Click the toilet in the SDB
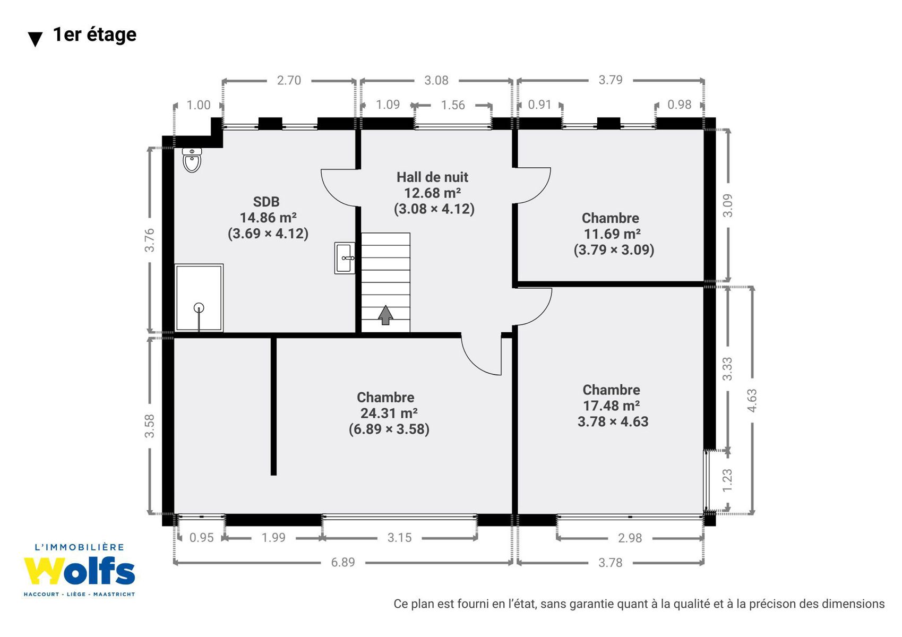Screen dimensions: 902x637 point(192,160)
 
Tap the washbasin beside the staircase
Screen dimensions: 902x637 point(345,258)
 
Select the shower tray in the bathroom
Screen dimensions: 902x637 point(199,298)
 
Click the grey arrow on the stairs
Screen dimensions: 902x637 point(385,315)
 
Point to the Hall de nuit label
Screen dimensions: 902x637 point(433,177)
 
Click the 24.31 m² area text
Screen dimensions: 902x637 point(389,413)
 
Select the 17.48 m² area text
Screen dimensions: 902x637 point(612,406)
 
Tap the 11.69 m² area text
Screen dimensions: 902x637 point(612,234)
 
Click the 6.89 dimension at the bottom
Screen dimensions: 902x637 point(343,562)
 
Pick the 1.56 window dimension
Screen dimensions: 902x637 point(453,105)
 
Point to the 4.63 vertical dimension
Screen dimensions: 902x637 point(752,400)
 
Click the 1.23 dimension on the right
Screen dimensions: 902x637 point(727,480)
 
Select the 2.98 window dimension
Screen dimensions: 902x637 point(630,538)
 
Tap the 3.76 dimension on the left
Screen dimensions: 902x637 point(149,240)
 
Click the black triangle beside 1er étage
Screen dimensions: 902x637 point(36,39)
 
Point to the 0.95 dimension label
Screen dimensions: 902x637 point(201,538)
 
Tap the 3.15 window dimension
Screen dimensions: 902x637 point(399,538)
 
